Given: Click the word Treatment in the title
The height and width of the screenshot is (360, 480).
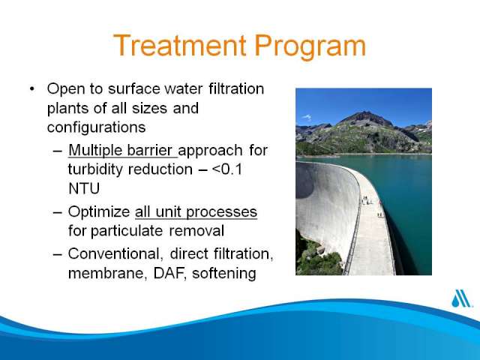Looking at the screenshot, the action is click(x=180, y=46).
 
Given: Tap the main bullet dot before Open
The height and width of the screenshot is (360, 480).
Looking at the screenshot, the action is click(x=32, y=89).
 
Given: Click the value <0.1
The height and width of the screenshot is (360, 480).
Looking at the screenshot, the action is click(x=226, y=169).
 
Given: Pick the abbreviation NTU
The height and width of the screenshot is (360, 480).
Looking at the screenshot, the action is click(x=84, y=188).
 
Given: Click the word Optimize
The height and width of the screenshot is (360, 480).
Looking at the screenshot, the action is click(x=99, y=212).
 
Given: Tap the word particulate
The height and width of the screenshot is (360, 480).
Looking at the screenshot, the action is click(x=127, y=231).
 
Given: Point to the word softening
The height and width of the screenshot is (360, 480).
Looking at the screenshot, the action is click(x=224, y=273).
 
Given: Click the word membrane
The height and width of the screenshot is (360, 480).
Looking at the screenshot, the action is click(x=106, y=273).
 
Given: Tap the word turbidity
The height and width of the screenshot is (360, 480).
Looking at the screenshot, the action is click(x=95, y=169).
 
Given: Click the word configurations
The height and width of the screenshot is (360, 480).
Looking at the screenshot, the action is click(x=97, y=127).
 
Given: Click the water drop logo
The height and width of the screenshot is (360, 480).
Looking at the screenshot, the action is click(x=461, y=298).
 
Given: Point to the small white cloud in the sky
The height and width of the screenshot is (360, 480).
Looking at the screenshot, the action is click(x=307, y=117).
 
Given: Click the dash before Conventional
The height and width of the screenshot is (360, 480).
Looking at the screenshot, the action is click(x=58, y=254).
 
